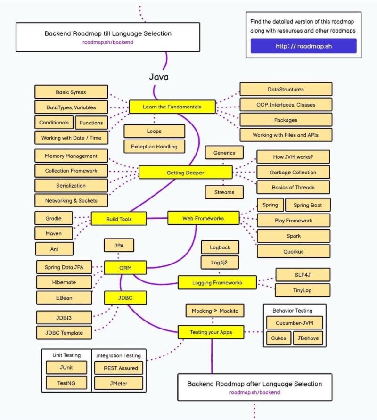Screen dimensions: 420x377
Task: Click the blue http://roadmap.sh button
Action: point(303,46)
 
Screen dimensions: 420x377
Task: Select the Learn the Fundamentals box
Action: point(172,107)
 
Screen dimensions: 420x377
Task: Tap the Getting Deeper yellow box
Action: point(185,173)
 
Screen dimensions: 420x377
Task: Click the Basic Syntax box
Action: point(71,92)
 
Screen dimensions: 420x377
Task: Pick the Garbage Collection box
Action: point(293,172)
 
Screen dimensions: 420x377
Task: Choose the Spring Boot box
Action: point(308,205)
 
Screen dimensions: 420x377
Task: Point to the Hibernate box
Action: point(64,282)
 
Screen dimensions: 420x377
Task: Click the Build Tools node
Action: point(119,219)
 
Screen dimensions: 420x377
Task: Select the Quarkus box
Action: point(293,251)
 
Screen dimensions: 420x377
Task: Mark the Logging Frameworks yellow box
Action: point(217,283)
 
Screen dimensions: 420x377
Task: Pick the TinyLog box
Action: point(302,290)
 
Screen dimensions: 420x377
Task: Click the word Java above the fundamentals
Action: point(159,77)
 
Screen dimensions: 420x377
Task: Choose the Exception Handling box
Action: point(154,147)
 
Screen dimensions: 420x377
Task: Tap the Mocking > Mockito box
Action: point(215,311)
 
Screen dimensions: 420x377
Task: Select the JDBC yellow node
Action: point(125,297)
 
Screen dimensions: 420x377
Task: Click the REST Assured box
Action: point(117,368)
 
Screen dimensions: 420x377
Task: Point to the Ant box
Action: point(54,248)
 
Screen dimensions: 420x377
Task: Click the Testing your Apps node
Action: point(211,332)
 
